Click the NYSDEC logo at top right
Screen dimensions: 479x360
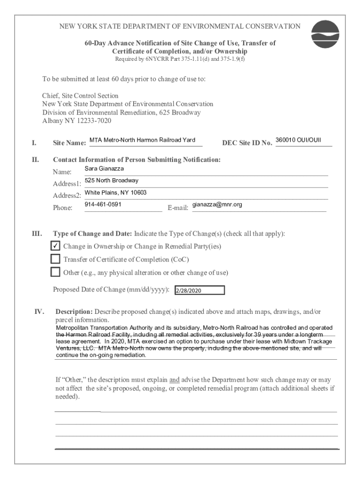(x=325, y=35)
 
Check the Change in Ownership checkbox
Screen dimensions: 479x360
(x=55, y=247)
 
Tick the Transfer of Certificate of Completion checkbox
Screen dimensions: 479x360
(x=55, y=260)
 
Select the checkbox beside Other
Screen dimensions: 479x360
(x=55, y=272)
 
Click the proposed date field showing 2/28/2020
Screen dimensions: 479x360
(x=200, y=291)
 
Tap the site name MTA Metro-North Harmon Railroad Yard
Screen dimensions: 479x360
(x=143, y=140)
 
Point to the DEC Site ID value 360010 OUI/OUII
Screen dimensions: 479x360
(x=298, y=140)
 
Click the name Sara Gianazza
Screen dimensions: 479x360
(x=104, y=168)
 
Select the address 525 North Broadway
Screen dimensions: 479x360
(x=111, y=181)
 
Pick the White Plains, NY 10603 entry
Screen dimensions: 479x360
(x=115, y=193)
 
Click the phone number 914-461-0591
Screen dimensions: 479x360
(x=103, y=205)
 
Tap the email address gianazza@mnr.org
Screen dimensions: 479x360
(x=217, y=205)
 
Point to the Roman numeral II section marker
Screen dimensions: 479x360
(x=36, y=160)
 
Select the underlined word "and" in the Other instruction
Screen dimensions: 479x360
(x=174, y=380)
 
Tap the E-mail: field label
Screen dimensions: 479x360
(x=178, y=208)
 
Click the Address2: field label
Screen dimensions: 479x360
(x=67, y=196)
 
